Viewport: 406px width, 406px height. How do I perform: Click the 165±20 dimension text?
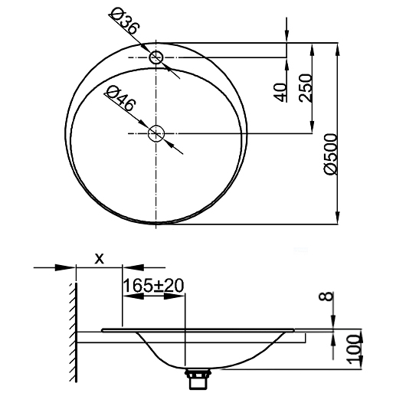[x=153, y=284]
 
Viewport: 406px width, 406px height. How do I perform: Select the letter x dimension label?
[x=99, y=258]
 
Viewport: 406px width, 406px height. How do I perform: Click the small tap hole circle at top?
[x=157, y=57]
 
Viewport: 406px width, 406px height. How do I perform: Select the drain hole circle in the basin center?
[x=157, y=133]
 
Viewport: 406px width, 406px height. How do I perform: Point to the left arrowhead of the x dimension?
[x=70, y=268]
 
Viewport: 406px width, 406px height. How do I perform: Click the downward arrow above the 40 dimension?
[x=286, y=38]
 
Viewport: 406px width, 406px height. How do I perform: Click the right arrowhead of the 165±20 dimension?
[x=182, y=295]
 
